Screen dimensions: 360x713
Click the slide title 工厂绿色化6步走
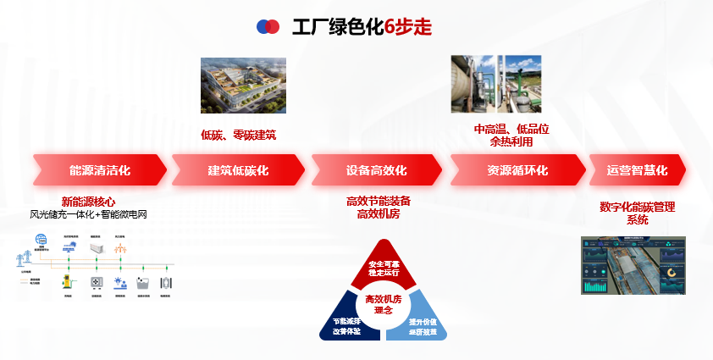click(362, 27)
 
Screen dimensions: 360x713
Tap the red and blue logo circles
click(268, 27)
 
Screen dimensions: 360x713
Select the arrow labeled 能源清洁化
click(99, 170)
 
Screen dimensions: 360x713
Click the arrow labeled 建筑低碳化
click(238, 170)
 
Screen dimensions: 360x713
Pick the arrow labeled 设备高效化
click(376, 170)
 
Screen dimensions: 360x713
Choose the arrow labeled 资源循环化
click(517, 170)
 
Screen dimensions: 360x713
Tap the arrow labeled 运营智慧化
click(637, 170)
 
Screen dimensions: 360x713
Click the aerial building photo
click(243, 85)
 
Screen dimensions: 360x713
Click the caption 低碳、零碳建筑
click(238, 135)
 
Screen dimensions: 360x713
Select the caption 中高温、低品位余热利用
click(511, 136)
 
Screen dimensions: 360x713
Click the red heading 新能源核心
click(88, 202)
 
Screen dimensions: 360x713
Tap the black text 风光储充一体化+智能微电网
click(88, 214)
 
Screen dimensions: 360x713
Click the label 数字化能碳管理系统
click(637, 213)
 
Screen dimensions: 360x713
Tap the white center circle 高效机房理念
click(383, 304)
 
